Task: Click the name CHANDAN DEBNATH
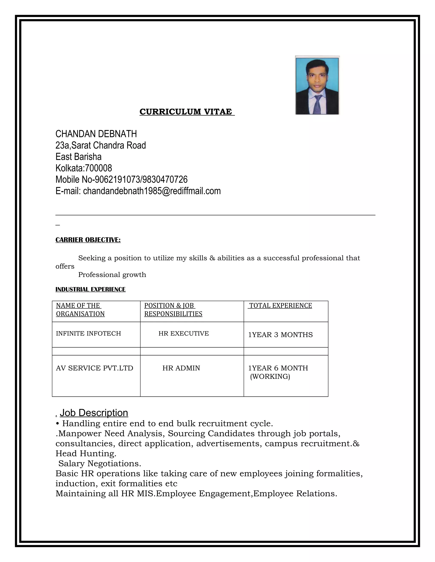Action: tap(96, 134)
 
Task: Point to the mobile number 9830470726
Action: tap(165, 179)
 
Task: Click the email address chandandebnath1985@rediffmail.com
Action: tap(152, 191)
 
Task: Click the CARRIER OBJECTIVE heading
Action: tap(88, 240)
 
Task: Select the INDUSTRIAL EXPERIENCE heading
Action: tap(90, 289)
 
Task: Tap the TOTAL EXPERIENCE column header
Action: tap(280, 305)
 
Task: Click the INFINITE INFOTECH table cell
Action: tap(88, 334)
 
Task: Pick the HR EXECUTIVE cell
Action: tap(184, 334)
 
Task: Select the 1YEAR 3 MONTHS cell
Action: tap(280, 335)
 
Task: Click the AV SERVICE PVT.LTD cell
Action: tap(94, 368)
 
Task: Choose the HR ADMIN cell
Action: tap(181, 368)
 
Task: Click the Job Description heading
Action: tap(94, 413)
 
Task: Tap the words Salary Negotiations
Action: tap(100, 463)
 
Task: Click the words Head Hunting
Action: tap(86, 453)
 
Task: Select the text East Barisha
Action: tap(78, 157)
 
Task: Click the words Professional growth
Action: tap(112, 275)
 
